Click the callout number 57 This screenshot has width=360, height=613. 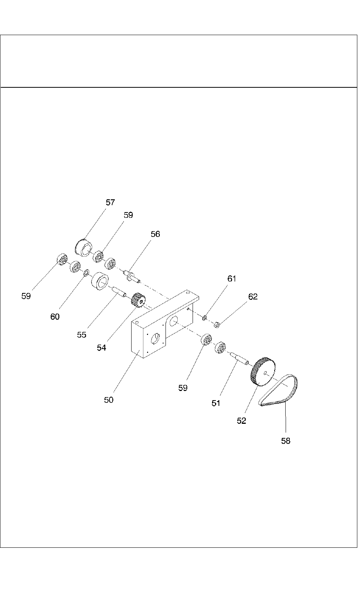click(110, 203)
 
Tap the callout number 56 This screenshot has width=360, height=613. click(155, 234)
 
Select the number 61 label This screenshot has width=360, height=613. click(232, 279)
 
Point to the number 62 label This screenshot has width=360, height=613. click(253, 297)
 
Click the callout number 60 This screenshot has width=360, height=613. click(55, 317)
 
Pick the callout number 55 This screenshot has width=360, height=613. click(82, 335)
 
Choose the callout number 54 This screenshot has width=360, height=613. click(101, 348)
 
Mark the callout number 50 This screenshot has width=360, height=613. click(109, 400)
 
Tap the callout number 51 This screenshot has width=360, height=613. click(216, 403)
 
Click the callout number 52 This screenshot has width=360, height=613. click(241, 421)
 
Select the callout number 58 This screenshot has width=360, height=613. click(286, 441)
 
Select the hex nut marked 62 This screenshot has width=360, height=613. click(215, 325)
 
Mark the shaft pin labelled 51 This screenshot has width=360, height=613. click(239, 359)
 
